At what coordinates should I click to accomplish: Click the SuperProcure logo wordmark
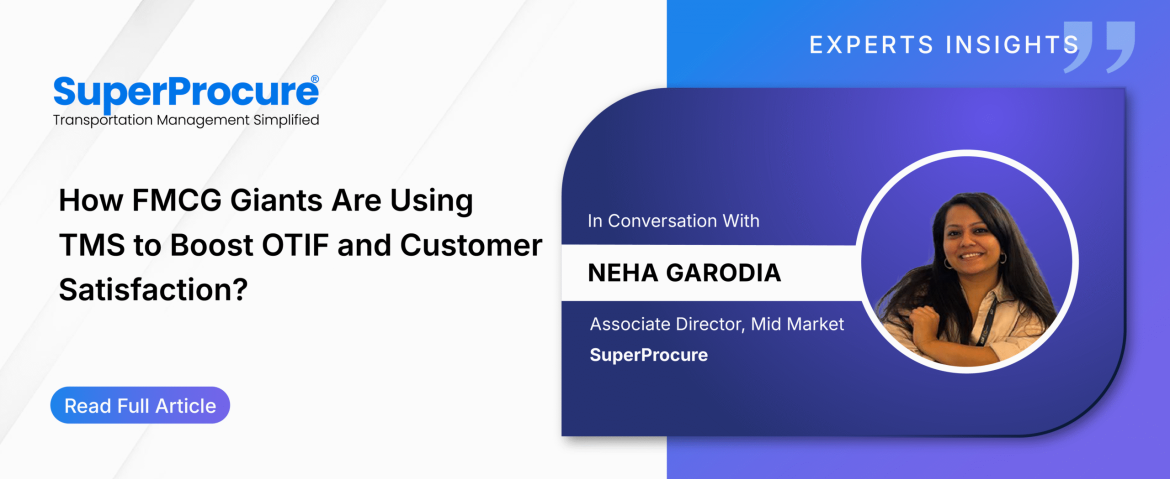[186, 92]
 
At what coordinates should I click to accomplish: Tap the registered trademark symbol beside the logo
[315, 78]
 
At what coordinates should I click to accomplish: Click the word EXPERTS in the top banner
[872, 44]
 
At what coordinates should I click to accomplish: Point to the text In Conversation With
[674, 221]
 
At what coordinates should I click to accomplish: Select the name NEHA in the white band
[625, 272]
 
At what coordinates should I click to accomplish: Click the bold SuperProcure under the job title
[648, 355]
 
